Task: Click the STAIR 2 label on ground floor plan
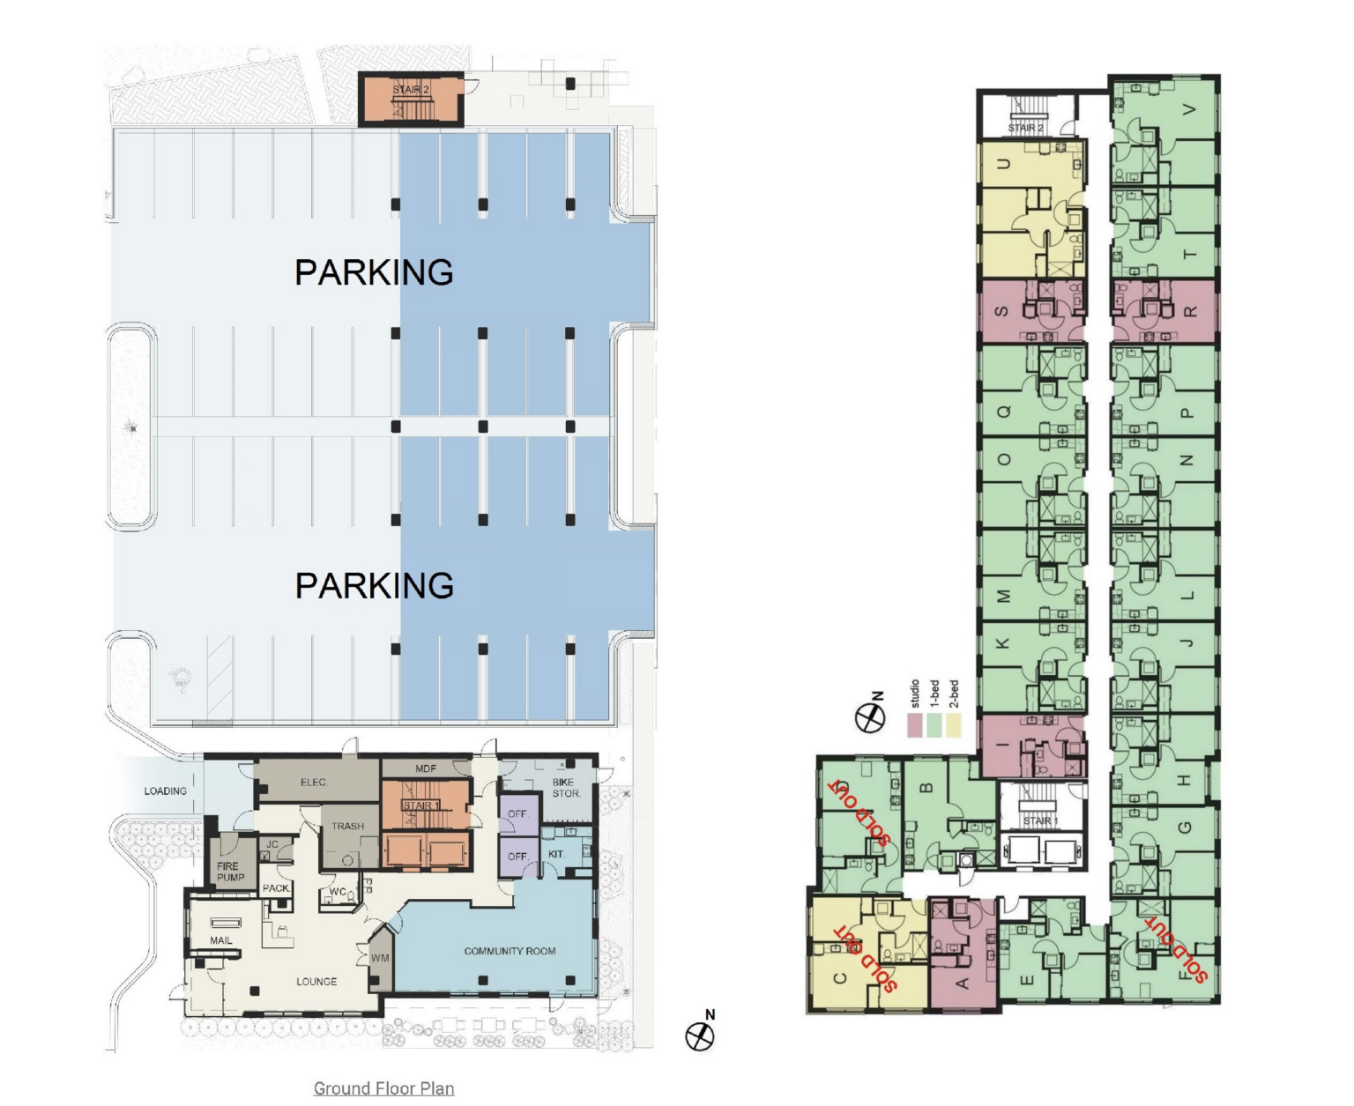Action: click(x=411, y=90)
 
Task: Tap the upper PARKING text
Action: click(x=374, y=271)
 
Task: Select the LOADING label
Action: click(x=166, y=791)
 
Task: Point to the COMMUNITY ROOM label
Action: click(x=510, y=951)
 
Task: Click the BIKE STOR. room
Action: click(x=566, y=788)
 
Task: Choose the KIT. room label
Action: click(x=557, y=853)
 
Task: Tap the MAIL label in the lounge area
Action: click(x=221, y=940)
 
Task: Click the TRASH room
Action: click(x=347, y=826)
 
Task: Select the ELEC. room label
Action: click(x=314, y=782)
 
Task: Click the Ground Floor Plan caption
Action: click(x=383, y=1087)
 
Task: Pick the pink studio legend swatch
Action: click(x=915, y=725)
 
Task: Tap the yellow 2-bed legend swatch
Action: click(x=953, y=725)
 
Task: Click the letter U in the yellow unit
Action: click(x=1003, y=165)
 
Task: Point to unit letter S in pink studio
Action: click(x=1002, y=311)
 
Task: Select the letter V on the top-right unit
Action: click(x=1190, y=109)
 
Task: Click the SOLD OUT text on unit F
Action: click(x=1177, y=948)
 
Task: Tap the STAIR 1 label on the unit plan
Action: click(x=1040, y=820)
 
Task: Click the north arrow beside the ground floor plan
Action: click(x=701, y=1034)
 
